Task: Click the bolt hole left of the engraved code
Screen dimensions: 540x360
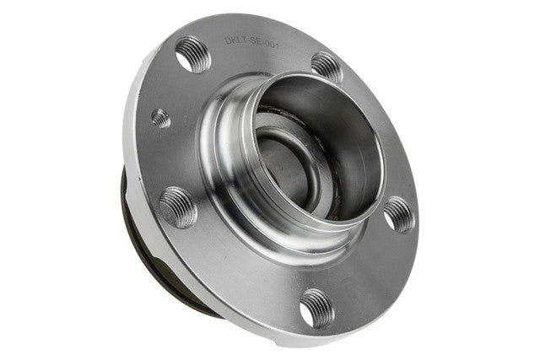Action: point(193,55)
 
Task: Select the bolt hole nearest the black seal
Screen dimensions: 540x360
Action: point(178,207)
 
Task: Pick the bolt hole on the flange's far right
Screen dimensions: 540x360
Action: point(399,215)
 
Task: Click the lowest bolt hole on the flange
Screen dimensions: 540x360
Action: point(317,309)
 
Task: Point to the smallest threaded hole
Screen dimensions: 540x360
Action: point(161,118)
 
